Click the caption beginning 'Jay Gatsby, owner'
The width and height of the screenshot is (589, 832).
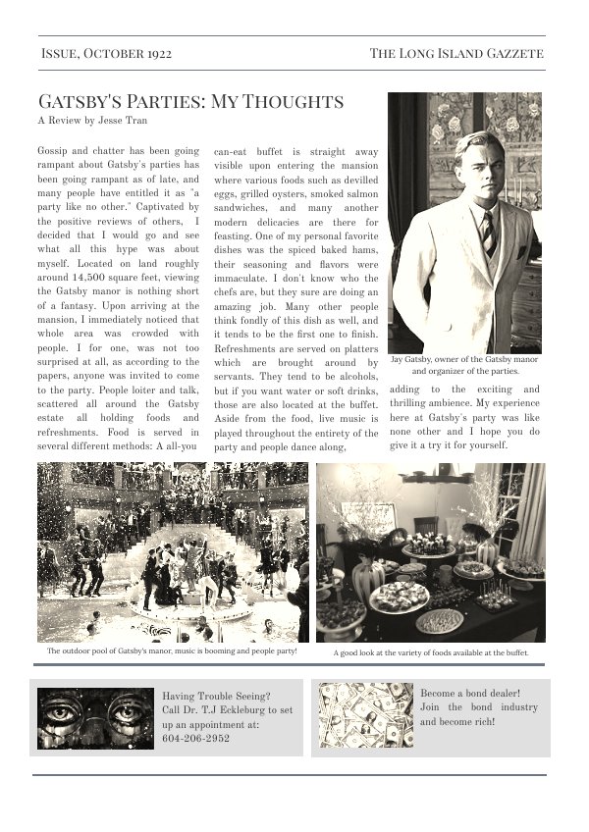(x=464, y=366)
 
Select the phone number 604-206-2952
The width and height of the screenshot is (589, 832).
(x=196, y=738)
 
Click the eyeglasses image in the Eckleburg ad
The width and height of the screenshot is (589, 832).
(x=95, y=718)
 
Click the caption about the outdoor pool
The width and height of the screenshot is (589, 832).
(x=172, y=650)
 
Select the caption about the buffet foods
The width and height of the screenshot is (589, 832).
(x=431, y=651)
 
